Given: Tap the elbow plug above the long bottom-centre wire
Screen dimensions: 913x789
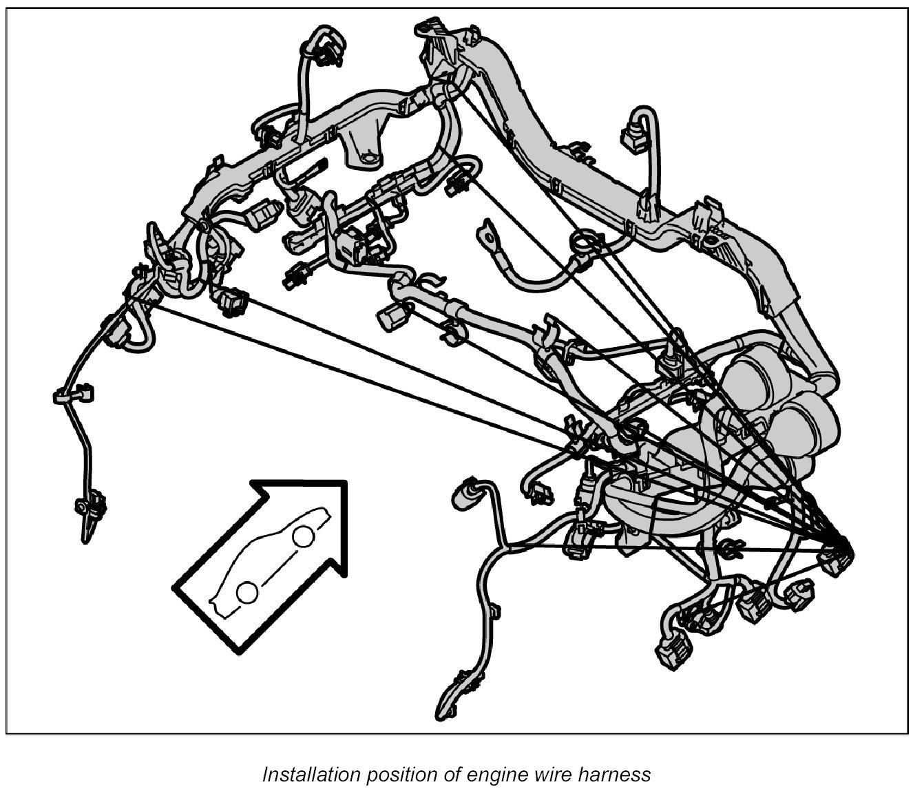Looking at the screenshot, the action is coord(464,492).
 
